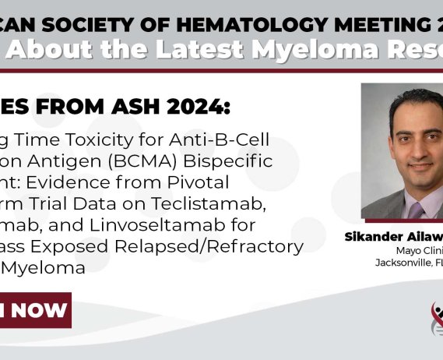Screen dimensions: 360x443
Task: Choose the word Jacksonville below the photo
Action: [404, 263]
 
